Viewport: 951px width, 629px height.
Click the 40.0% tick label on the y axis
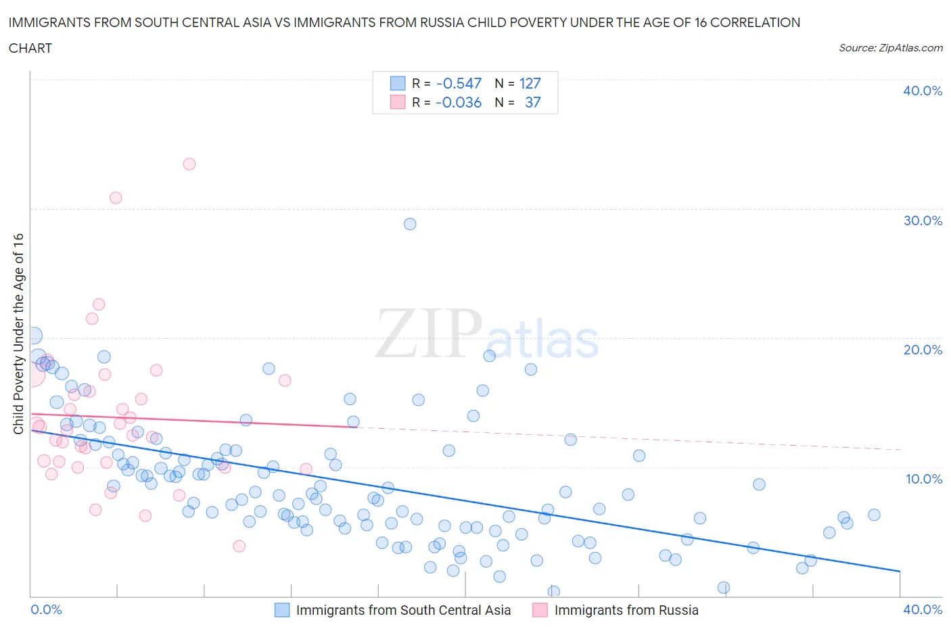pos(922,91)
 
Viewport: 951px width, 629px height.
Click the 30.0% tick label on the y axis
pos(922,220)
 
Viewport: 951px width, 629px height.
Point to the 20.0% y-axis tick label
pos(922,350)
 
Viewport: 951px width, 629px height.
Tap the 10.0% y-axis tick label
pos(922,479)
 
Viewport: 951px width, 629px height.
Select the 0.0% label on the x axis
pos(46,609)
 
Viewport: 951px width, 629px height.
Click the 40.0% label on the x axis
pos(922,609)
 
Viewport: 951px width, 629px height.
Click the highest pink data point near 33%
pos(189,164)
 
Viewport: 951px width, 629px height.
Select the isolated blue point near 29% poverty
pos(410,224)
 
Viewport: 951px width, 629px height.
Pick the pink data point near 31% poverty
pos(116,197)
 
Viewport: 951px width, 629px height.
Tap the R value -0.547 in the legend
pos(459,83)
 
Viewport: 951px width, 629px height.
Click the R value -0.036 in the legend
pos(459,102)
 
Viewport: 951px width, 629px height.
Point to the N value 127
pos(530,83)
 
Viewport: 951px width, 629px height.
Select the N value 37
pos(533,102)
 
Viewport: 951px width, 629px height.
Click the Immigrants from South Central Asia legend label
pos(403,610)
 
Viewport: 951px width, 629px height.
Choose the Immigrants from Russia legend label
pos(626,610)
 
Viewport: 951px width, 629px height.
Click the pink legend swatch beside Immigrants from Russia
pos(540,610)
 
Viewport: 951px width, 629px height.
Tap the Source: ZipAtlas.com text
pos(890,47)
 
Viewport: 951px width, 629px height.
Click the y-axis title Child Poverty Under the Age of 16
pos(18,333)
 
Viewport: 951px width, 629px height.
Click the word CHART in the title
pos(30,48)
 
